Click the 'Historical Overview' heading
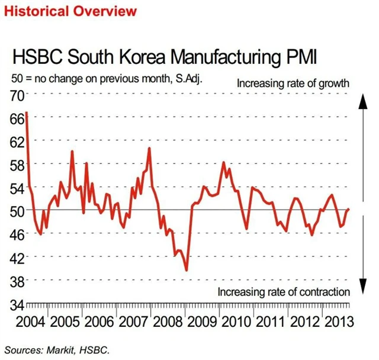click(x=70, y=11)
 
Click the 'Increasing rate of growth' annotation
click(x=293, y=83)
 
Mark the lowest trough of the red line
click(x=187, y=270)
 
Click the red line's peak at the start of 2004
click(x=27, y=112)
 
